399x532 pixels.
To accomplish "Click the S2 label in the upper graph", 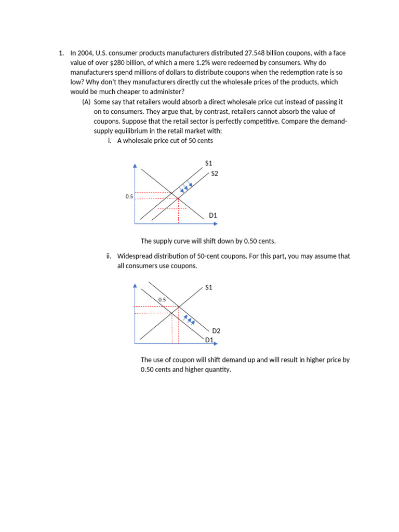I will click(215, 174).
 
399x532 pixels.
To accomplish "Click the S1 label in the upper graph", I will click(209, 163).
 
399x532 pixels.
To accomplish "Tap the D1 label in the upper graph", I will click(212, 215).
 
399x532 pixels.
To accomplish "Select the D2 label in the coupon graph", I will click(217, 330).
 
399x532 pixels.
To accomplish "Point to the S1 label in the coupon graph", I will click(209, 287).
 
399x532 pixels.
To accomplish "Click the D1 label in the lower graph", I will click(209, 340).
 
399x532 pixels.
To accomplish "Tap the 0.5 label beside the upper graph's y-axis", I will click(129, 196).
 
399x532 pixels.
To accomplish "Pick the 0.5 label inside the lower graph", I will click(162, 300).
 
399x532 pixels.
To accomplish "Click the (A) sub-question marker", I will click(87, 102).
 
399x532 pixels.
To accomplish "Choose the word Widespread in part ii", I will click(136, 256).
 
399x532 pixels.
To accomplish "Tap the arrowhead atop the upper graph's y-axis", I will click(135, 166).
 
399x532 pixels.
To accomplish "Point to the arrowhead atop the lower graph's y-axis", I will click(135, 285).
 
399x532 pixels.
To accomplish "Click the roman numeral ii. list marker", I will click(109, 256).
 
